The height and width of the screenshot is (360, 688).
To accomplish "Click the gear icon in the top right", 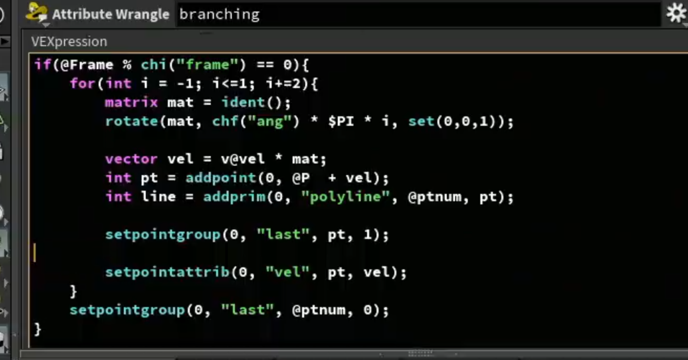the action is [676, 13].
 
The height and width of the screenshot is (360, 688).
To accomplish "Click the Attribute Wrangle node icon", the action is [37, 13].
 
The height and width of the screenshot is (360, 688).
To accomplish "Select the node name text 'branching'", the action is [220, 15].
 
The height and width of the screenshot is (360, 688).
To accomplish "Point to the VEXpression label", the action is [69, 41].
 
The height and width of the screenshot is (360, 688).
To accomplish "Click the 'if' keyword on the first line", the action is [43, 65].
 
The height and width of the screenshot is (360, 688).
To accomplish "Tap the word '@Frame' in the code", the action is [87, 65].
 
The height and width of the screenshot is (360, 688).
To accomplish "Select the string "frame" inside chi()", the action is [208, 65].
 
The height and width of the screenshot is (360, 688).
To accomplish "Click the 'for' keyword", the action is [83, 83].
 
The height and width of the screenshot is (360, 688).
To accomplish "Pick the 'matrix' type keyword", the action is [132, 103].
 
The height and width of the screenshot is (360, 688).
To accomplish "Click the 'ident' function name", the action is [243, 103].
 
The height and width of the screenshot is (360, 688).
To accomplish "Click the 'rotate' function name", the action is [132, 122].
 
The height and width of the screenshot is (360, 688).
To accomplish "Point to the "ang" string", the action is [270, 122].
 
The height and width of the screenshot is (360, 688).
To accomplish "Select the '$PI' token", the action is [341, 122].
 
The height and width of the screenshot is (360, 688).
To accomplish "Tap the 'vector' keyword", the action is [132, 159].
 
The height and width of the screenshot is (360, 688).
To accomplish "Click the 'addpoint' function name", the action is [221, 178].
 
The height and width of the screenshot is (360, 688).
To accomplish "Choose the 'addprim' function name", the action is [234, 197].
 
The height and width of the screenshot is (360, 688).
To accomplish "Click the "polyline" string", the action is [346, 197].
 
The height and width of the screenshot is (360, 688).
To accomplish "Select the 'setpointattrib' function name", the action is [167, 272].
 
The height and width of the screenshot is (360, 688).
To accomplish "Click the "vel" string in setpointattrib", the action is [287, 272].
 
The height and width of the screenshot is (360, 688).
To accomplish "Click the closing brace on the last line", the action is [38, 329].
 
